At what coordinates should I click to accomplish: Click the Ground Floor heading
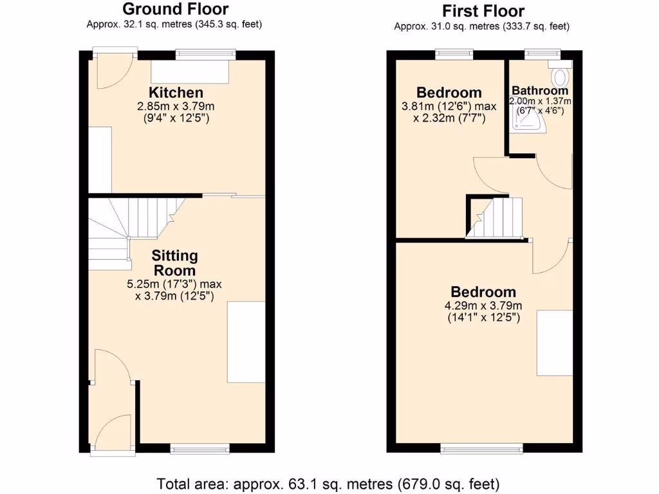pyautogui.click(x=175, y=9)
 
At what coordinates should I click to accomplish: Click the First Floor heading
pyautogui.click(x=483, y=11)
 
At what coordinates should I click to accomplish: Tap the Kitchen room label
pyautogui.click(x=176, y=93)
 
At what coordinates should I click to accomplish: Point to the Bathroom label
pyautogui.click(x=540, y=91)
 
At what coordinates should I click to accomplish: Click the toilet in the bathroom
pyautogui.click(x=561, y=76)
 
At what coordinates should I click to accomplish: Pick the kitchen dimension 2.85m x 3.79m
pyautogui.click(x=176, y=106)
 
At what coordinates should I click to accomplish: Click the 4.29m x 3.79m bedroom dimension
pyautogui.click(x=483, y=306)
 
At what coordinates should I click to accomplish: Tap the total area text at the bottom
pyautogui.click(x=329, y=483)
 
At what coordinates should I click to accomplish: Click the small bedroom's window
pyautogui.click(x=454, y=54)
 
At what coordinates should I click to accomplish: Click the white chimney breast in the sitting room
pyautogui.click(x=246, y=341)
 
